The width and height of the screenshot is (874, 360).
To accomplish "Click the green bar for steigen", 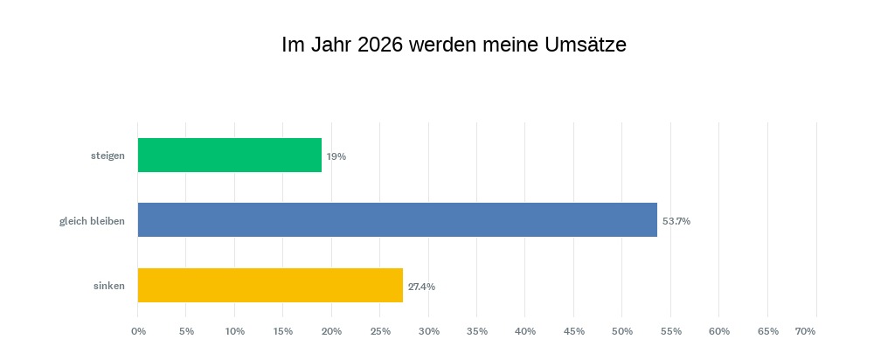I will [x=230, y=156].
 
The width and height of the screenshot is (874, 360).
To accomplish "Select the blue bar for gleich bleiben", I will [x=398, y=220].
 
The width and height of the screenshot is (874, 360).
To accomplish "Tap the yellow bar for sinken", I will [x=270, y=285].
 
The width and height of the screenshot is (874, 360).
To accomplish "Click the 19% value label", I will [x=336, y=156].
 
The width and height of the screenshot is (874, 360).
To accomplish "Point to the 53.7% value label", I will [x=676, y=221].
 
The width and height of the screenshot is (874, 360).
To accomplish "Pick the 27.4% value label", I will [x=421, y=286].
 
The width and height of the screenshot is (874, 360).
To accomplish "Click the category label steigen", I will [x=108, y=156].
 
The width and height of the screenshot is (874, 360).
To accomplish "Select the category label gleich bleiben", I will [x=92, y=221].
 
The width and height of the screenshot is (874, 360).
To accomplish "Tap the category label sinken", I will [x=109, y=286].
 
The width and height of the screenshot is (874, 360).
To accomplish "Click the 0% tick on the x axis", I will [x=138, y=331].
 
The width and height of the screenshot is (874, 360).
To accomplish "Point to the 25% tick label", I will [x=380, y=331].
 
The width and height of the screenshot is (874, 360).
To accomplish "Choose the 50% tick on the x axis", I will [x=621, y=331].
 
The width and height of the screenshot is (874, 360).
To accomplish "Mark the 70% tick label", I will [x=805, y=331].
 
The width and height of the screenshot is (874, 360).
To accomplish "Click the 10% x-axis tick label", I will [x=235, y=331].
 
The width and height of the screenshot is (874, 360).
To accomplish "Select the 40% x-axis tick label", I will [x=525, y=331].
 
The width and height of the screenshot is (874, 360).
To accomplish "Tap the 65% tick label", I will [x=767, y=331].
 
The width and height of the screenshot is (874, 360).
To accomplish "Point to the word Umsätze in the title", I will [x=586, y=45].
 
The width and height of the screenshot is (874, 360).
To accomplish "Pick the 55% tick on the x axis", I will [x=670, y=331].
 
